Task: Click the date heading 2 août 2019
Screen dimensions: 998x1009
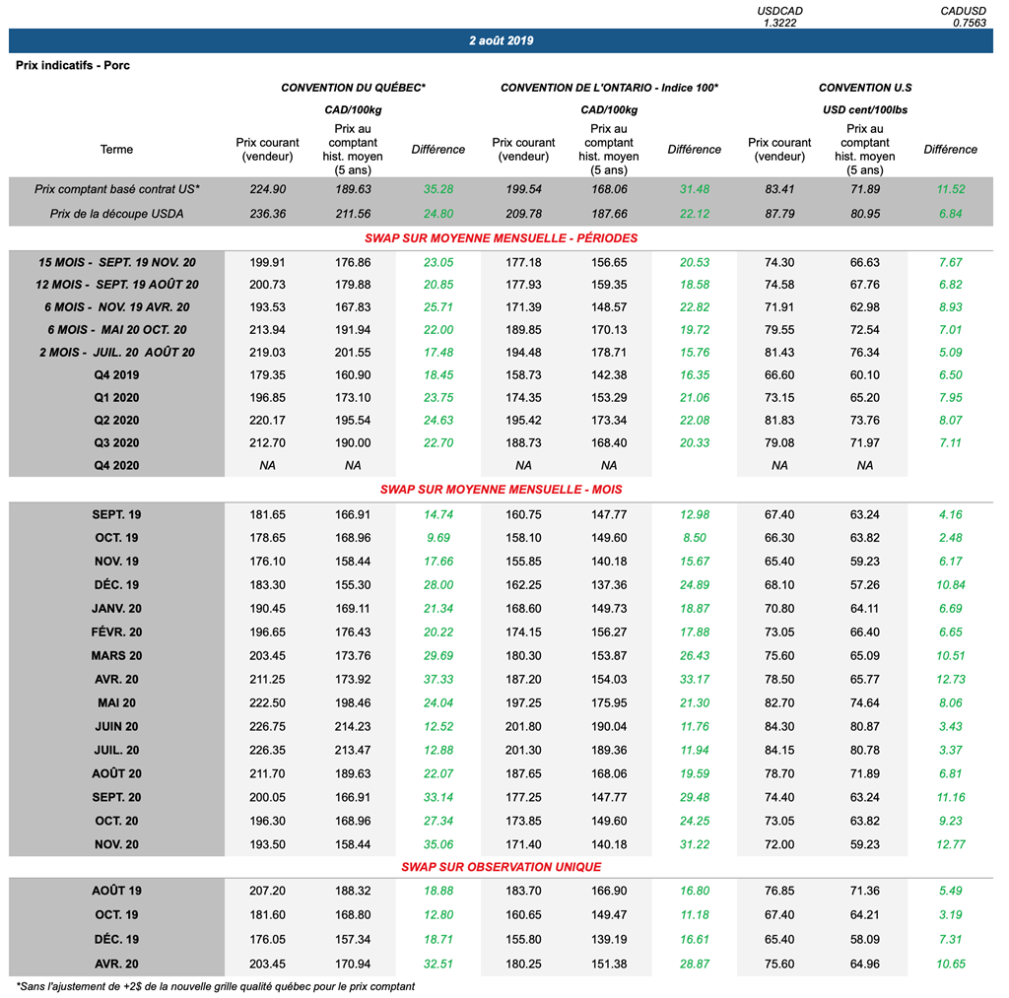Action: coord(502,41)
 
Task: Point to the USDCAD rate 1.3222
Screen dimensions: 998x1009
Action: coord(779,22)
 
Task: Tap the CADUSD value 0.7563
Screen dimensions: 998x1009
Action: coord(967,22)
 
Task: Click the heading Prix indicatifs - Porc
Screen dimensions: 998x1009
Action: coord(73,65)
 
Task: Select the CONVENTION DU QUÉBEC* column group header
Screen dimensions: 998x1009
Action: coord(353,88)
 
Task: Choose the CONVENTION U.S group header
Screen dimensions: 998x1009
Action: coord(864,88)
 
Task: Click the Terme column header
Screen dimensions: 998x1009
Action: coord(116,150)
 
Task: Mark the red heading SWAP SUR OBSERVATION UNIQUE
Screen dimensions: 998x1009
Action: coord(501,867)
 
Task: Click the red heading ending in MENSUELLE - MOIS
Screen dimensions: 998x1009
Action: coord(501,489)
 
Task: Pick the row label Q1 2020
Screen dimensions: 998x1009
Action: coord(116,397)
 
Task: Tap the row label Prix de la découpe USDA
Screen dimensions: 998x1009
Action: coord(116,214)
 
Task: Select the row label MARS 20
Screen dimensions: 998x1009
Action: coord(116,655)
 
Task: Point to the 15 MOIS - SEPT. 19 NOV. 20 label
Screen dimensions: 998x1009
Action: coord(116,262)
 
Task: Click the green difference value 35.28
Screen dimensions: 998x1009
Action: coord(437,189)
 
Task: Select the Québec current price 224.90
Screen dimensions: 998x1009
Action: coord(267,189)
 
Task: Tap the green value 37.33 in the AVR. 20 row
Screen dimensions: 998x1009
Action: coord(437,679)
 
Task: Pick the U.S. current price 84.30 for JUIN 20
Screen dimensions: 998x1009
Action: coord(779,726)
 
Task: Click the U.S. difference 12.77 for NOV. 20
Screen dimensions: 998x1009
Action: coord(950,844)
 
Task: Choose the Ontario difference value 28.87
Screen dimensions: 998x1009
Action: coord(694,964)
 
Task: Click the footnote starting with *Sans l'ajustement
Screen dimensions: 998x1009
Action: coord(216,985)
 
